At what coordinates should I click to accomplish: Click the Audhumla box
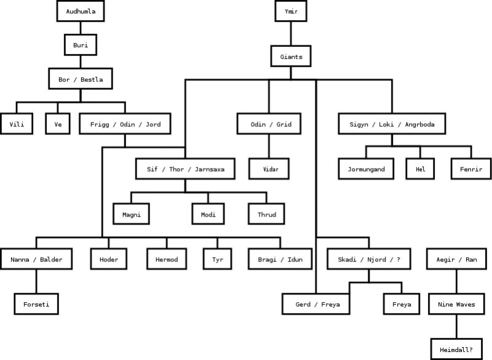(x=81, y=11)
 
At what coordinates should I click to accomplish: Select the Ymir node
(x=291, y=11)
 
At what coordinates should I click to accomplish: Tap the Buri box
(x=81, y=45)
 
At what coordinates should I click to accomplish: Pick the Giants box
(x=291, y=57)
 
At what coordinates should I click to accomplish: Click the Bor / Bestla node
(x=81, y=79)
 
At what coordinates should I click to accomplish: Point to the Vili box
(x=17, y=124)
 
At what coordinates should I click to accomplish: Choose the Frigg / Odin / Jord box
(x=125, y=124)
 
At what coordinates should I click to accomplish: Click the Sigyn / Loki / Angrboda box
(x=392, y=124)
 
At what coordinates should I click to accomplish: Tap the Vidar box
(x=269, y=168)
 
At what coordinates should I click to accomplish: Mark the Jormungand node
(x=366, y=169)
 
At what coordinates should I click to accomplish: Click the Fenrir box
(x=470, y=169)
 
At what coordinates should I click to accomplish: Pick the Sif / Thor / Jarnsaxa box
(x=185, y=169)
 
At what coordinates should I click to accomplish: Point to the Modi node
(x=207, y=214)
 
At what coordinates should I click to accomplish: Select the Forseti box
(x=36, y=304)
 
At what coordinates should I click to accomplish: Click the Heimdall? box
(x=456, y=350)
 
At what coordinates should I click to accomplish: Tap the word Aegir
(x=445, y=260)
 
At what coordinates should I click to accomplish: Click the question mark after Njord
(x=399, y=260)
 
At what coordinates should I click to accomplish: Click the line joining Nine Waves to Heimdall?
(x=456, y=326)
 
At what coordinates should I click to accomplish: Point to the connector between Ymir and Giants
(x=291, y=34)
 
